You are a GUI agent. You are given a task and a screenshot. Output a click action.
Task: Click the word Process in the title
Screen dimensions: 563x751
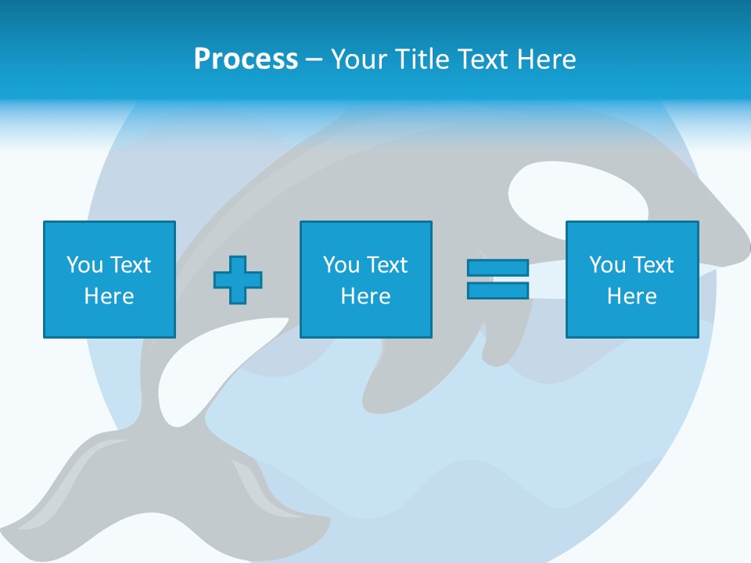[246, 59]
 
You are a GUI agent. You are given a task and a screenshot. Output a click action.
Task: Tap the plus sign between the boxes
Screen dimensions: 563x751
[238, 279]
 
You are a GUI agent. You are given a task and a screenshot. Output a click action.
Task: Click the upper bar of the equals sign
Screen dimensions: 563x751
[498, 268]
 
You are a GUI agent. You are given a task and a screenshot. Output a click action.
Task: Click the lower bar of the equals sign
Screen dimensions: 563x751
[498, 291]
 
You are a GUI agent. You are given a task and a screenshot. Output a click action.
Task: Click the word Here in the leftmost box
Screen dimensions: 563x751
[109, 296]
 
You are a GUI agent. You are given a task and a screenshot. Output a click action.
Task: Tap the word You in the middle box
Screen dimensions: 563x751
[341, 265]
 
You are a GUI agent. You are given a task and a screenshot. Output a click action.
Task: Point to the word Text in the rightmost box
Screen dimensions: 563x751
[654, 265]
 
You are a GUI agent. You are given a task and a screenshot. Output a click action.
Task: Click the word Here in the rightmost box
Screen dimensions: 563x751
[631, 296]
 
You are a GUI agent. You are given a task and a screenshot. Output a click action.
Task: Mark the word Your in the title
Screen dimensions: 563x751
[359, 59]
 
